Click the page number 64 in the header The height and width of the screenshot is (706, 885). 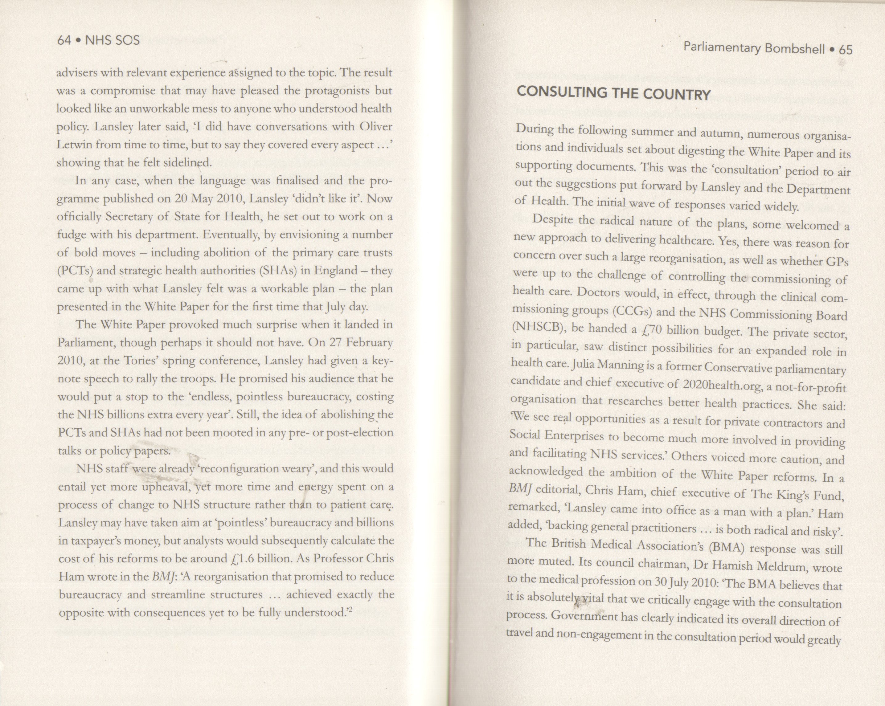pos(64,40)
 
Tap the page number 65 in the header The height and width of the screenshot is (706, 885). pos(846,50)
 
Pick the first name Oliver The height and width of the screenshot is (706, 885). pos(375,127)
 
